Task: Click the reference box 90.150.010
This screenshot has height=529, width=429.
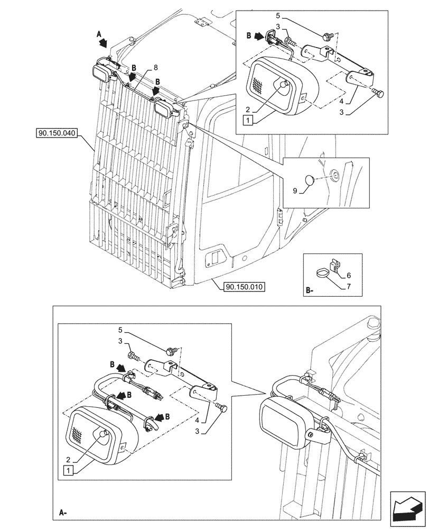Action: point(244,287)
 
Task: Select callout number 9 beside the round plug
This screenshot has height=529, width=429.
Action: point(296,188)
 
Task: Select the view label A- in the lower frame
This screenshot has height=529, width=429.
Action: point(62,513)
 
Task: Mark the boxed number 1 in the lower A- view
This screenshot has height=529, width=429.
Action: point(69,470)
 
